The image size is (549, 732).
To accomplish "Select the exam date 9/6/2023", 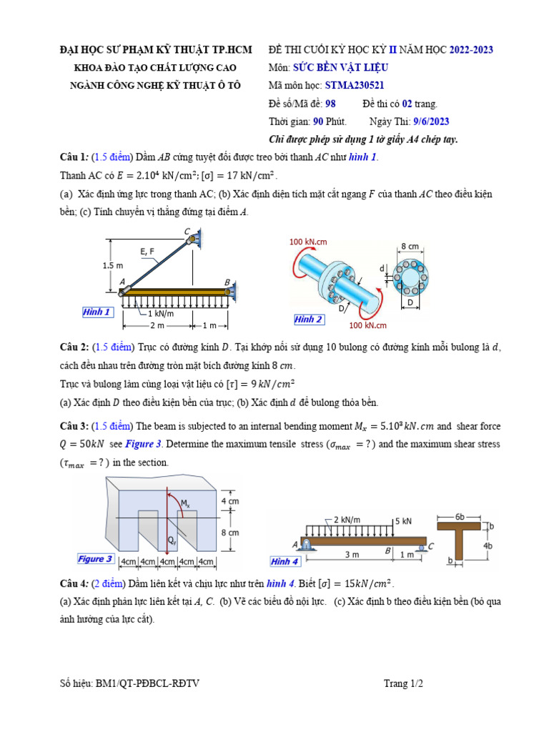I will point(431,122).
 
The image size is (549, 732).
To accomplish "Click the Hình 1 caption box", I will point(97,312).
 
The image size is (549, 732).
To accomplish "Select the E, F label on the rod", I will point(147,251).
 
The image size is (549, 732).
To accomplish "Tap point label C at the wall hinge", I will point(187,231).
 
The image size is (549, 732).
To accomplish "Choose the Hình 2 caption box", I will point(308,320).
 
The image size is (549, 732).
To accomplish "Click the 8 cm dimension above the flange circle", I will point(410,246).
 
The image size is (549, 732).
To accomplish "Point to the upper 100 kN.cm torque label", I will point(307,242).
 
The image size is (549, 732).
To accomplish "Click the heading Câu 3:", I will point(74,427).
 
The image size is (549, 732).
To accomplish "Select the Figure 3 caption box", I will point(95,559).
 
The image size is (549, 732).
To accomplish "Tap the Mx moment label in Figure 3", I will point(185,504).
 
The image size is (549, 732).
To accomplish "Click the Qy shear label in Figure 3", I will point(173,540).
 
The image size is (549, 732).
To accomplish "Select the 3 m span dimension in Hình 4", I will point(351,555).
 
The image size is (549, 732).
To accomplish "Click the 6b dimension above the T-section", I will point(462,516).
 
